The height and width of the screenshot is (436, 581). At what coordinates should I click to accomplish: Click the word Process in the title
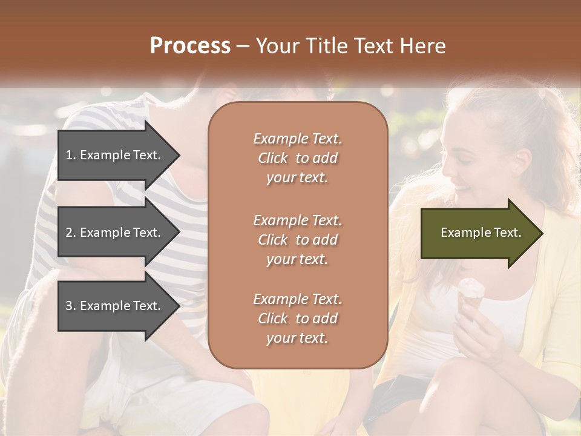pyautogui.click(x=190, y=46)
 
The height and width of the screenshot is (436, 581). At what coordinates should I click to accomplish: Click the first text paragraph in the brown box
pyautogui.click(x=297, y=158)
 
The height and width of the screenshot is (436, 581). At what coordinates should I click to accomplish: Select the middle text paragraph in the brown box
pyautogui.click(x=297, y=240)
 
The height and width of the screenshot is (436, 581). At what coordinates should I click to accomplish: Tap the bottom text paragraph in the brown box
pyautogui.click(x=297, y=319)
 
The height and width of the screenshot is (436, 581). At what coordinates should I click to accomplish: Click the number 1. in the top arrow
pyautogui.click(x=71, y=155)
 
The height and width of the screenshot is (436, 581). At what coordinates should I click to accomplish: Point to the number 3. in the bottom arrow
pyautogui.click(x=71, y=306)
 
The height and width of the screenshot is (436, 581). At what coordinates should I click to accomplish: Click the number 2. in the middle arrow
pyautogui.click(x=71, y=233)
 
